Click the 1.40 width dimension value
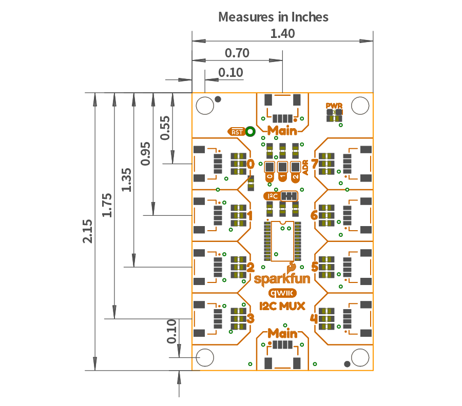pyautogui.click(x=282, y=34)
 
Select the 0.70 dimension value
pyautogui.click(x=237, y=53)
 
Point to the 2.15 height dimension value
pyautogui.click(x=88, y=231)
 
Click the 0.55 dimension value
pyautogui.click(x=165, y=128)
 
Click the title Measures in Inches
pyautogui.click(x=273, y=16)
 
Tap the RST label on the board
pyautogui.click(x=237, y=132)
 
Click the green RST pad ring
pyautogui.click(x=251, y=132)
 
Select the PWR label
pyautogui.click(x=334, y=106)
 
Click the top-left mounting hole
pyautogui.click(x=205, y=105)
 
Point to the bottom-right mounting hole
pyautogui.click(x=360, y=357)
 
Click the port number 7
pyautogui.click(x=314, y=164)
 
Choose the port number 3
pyautogui.click(x=251, y=318)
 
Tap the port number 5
pyautogui.click(x=315, y=267)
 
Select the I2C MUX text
pyautogui.click(x=282, y=306)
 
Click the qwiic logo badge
pyautogui.click(x=282, y=293)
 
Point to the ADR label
pyautogui.click(x=305, y=168)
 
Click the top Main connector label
pyautogui.click(x=282, y=130)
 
